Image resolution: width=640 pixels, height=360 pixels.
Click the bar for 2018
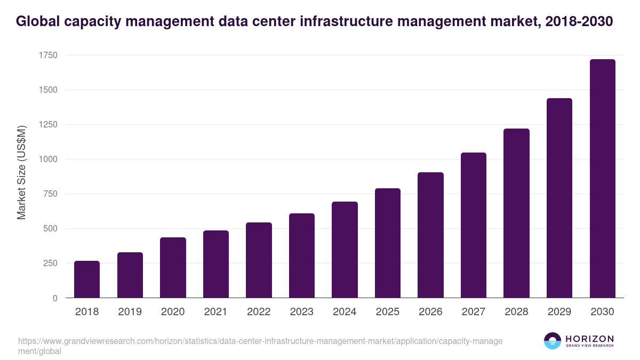[87, 279]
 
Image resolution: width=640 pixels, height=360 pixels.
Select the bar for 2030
[602, 179]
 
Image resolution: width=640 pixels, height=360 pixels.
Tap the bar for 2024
[345, 250]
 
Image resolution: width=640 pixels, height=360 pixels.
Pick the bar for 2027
[474, 225]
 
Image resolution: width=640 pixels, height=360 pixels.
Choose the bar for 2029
[559, 198]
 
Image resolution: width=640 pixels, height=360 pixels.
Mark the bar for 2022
[259, 260]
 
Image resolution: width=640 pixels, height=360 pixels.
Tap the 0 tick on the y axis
[55, 298]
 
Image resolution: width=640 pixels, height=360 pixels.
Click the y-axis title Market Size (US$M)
[21, 173]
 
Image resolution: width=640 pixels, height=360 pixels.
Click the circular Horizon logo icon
[552, 341]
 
